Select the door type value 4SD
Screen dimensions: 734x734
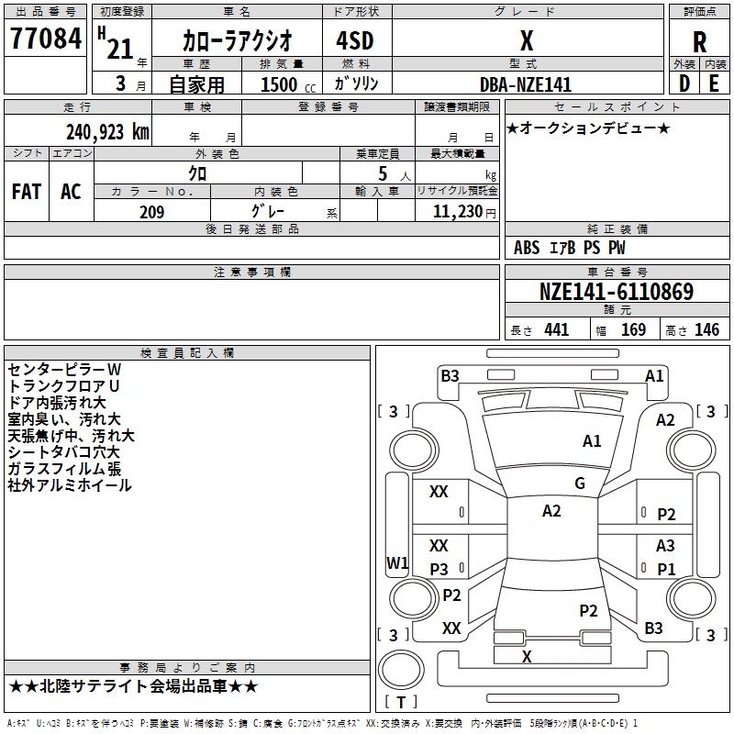349,41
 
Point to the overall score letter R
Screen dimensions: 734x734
700,42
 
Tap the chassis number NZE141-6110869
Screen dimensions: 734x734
617,293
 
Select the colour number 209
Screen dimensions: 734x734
151,212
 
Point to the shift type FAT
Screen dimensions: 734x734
26,192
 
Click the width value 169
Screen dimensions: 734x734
634,330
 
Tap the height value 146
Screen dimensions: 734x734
706,330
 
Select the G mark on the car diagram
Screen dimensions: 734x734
580,484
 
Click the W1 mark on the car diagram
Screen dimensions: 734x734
397,562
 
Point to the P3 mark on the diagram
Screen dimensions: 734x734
439,570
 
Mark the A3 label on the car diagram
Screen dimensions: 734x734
666,546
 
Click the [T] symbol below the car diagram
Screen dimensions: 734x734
400,703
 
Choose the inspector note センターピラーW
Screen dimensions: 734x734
64,369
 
